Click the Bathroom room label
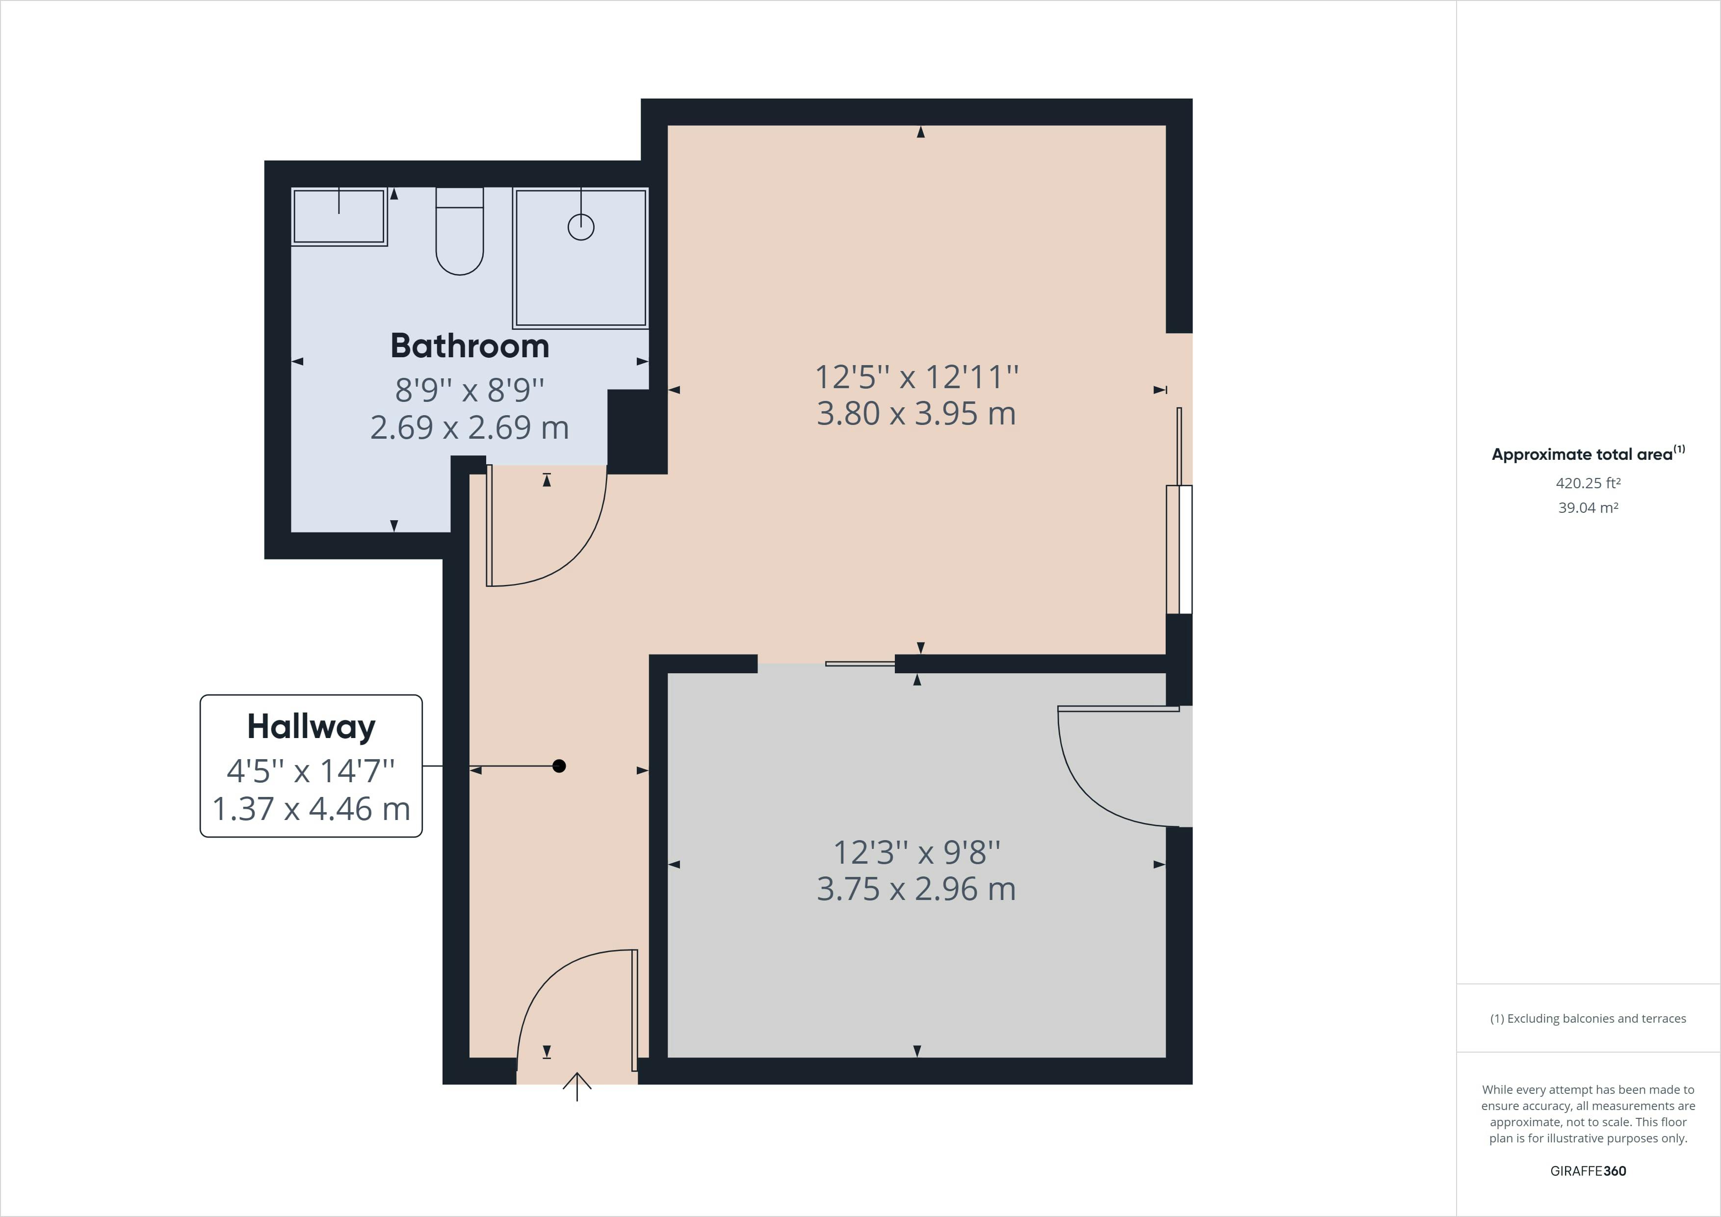pos(470,345)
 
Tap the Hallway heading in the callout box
pos(311,727)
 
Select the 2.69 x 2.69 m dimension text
pos(470,427)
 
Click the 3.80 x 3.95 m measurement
pos(916,413)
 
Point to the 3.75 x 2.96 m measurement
pos(916,889)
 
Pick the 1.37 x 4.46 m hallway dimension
pos(311,808)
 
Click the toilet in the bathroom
pos(460,231)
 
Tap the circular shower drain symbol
pos(581,226)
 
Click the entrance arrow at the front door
pos(577,1086)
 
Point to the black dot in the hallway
pos(559,766)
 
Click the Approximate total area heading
pos(1588,453)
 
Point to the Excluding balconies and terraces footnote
pos(1588,1018)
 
